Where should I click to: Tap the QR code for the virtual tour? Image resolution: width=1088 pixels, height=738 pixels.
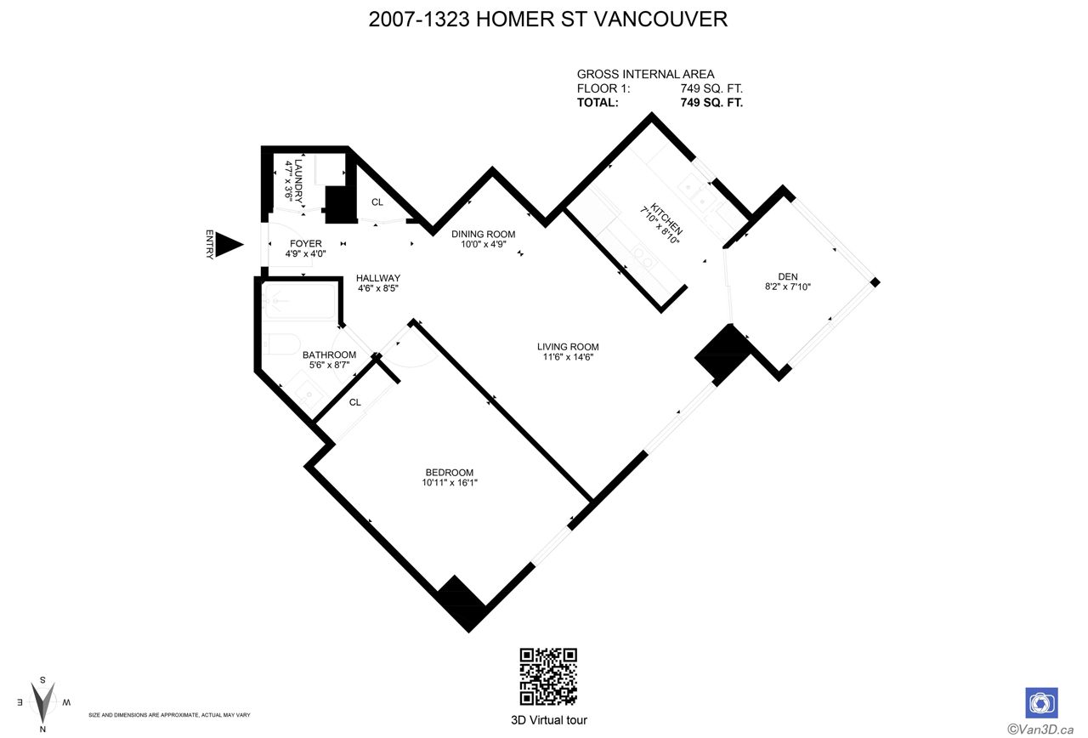[x=548, y=676]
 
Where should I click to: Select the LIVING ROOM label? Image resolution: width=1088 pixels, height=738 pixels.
[x=568, y=347]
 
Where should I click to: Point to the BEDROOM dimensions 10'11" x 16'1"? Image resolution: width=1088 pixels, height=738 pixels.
[x=450, y=482]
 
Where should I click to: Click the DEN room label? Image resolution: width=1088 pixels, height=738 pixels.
[x=788, y=276]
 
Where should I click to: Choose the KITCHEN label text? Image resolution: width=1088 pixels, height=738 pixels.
[x=667, y=219]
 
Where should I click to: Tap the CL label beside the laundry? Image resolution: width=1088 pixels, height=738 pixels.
[x=377, y=202]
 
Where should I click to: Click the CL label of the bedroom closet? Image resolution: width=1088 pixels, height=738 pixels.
[x=355, y=402]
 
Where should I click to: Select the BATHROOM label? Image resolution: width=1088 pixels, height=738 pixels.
[x=329, y=355]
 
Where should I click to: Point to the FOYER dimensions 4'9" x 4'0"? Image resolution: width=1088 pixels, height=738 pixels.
[x=305, y=253]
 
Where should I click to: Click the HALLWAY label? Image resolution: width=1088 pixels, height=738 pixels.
[x=378, y=278]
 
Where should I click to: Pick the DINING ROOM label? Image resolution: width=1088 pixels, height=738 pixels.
[x=484, y=234]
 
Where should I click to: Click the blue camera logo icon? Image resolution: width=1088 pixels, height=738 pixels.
[x=1041, y=702]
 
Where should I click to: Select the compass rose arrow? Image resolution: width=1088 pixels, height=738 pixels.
[x=42, y=702]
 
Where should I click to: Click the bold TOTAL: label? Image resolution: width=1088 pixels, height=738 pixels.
[x=598, y=103]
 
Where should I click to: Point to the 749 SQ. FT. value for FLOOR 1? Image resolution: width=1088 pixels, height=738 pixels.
[x=711, y=88]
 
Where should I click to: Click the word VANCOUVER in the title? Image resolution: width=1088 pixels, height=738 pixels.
[x=661, y=20]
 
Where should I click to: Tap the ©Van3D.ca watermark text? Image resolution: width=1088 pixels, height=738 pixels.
[x=1040, y=729]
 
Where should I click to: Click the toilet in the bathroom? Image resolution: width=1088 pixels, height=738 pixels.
[x=281, y=344]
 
